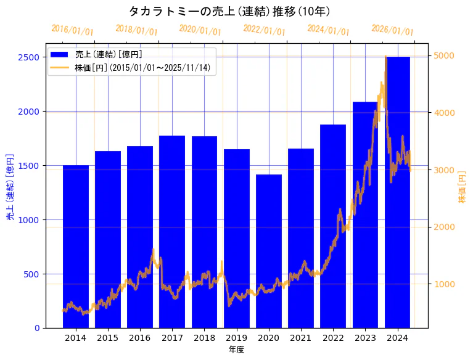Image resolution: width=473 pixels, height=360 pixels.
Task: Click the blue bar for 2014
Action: pyautogui.click(x=76, y=247)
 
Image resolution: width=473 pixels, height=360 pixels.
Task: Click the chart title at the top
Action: pyautogui.click(x=229, y=11)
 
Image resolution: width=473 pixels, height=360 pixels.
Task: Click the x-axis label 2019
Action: pyautogui.click(x=237, y=338)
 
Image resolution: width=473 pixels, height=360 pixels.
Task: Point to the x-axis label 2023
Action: pyautogui.click(x=366, y=338)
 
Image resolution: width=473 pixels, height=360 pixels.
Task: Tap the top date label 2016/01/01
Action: pyautogui.click(x=73, y=30)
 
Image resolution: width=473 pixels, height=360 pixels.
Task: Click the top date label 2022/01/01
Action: pyautogui.click(x=265, y=30)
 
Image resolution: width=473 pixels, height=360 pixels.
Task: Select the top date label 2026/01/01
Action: pyautogui.click(x=393, y=30)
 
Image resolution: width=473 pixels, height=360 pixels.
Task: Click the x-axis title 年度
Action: pyautogui.click(x=237, y=350)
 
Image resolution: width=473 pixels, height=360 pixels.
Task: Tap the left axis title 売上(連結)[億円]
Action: pyautogui.click(x=10, y=187)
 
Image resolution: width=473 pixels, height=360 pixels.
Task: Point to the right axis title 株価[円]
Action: pyautogui.click(x=463, y=187)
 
